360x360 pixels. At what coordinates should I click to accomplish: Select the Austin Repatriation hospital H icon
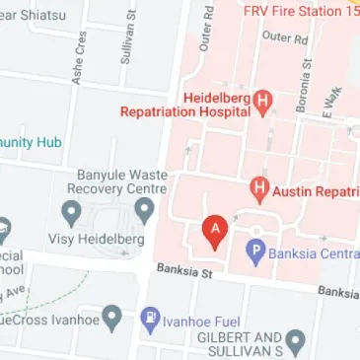click(259, 186)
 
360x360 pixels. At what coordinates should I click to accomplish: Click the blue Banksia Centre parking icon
click(254, 251)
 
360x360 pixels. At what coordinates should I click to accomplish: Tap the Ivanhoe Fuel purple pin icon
click(150, 319)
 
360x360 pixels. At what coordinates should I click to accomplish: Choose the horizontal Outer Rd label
click(286, 36)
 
